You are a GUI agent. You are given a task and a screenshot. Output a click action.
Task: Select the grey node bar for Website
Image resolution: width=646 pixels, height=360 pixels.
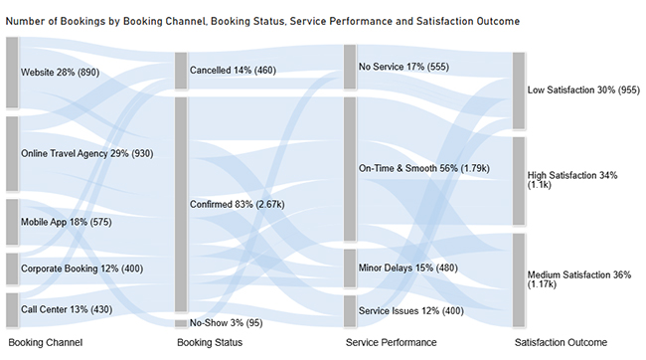(x=12, y=73)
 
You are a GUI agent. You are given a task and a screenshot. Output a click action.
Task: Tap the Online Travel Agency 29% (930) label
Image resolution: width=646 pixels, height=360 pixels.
(x=86, y=154)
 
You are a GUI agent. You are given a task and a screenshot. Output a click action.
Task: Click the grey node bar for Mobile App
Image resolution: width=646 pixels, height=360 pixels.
(x=12, y=222)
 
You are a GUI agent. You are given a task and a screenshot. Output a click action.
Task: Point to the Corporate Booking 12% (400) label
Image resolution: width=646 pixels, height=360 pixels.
(x=80, y=270)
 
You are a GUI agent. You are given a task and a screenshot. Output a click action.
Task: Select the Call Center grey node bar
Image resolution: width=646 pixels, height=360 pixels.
(x=12, y=309)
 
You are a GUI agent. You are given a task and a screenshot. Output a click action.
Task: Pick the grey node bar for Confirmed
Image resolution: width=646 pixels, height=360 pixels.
(x=181, y=204)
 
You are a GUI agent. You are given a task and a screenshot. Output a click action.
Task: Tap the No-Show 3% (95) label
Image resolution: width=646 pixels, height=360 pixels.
(x=226, y=323)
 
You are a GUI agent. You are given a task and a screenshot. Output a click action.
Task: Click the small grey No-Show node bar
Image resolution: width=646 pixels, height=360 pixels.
(x=181, y=323)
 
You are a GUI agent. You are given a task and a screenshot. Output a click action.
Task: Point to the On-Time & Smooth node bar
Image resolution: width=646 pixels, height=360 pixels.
(x=350, y=168)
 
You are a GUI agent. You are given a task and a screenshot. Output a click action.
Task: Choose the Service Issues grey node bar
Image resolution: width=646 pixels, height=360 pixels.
(x=350, y=311)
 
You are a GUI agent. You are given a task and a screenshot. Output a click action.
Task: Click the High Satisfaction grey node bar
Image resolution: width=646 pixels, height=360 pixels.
(x=519, y=181)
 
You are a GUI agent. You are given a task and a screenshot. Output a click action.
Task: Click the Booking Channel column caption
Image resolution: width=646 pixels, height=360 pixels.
(x=45, y=343)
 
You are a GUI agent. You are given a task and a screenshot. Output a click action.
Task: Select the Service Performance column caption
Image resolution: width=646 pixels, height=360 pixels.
(x=391, y=343)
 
